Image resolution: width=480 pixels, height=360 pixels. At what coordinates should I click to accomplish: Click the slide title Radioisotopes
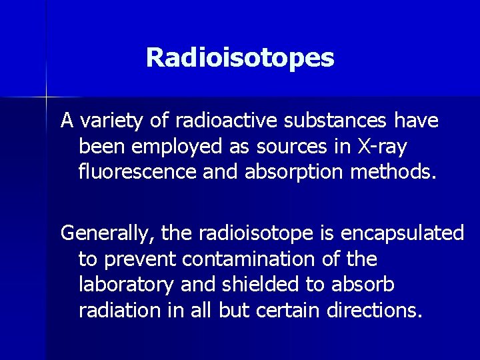(240, 57)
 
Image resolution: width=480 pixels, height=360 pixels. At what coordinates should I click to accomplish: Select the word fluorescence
(137, 173)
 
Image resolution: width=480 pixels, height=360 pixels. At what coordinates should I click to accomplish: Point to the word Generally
(107, 233)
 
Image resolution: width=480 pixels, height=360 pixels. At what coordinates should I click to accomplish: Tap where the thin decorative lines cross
(47, 97)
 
